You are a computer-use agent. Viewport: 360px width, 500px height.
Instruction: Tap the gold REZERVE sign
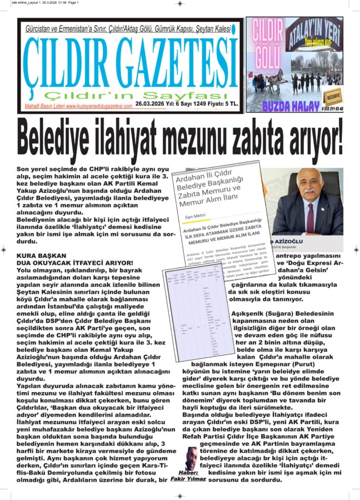333,96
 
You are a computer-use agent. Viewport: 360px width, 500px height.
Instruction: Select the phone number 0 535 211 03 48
332,108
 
